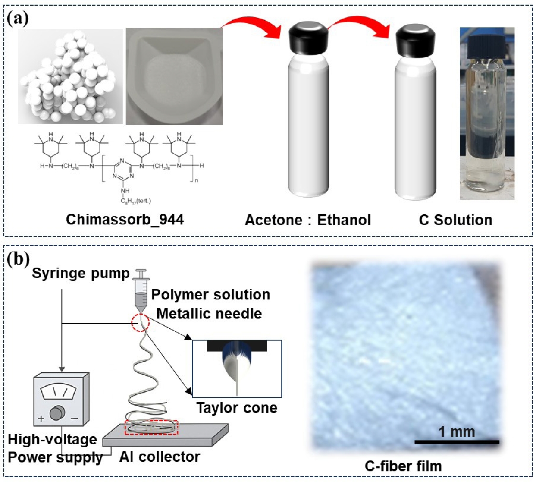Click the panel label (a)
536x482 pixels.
[x=18, y=19]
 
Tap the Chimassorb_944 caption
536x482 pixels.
[x=125, y=220]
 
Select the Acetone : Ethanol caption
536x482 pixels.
[x=307, y=220]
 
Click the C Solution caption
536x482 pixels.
[x=455, y=220]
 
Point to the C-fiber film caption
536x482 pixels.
[x=403, y=466]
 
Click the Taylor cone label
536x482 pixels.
[x=237, y=408]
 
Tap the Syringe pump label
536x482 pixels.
[x=81, y=273]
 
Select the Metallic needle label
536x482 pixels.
[x=209, y=313]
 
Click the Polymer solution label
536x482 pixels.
[x=210, y=295]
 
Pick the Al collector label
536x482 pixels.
[x=160, y=457]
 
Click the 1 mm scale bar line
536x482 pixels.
[x=457, y=442]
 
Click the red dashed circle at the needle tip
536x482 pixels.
[x=141, y=322]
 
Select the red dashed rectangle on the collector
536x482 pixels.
[x=151, y=427]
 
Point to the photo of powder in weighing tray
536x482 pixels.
[x=174, y=76]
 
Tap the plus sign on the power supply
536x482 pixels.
[x=41, y=418]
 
